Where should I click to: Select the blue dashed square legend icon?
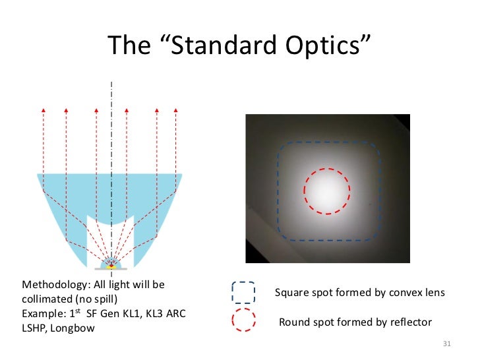[x=243, y=293]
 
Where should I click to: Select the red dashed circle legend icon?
[x=243, y=321]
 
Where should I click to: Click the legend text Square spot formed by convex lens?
[x=359, y=293]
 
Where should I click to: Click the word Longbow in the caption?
[x=73, y=327]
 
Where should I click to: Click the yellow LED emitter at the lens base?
[x=111, y=266]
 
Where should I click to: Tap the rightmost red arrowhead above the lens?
[x=175, y=108]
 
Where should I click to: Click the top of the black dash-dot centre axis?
[x=111, y=84]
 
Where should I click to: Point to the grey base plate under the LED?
[x=111, y=270]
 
